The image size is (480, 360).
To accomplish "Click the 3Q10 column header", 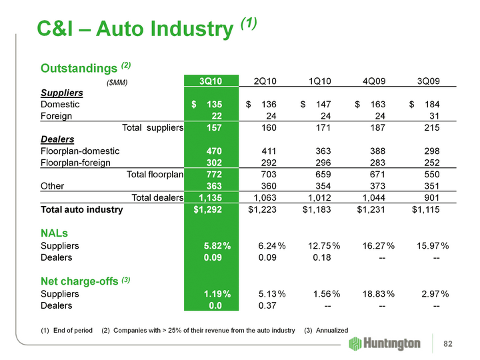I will (x=210, y=81).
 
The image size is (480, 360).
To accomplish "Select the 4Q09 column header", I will (x=374, y=81).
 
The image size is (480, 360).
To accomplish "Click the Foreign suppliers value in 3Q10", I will (x=215, y=116).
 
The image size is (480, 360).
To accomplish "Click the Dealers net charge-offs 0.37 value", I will (x=267, y=306).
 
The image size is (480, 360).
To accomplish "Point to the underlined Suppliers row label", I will (x=61, y=93).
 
